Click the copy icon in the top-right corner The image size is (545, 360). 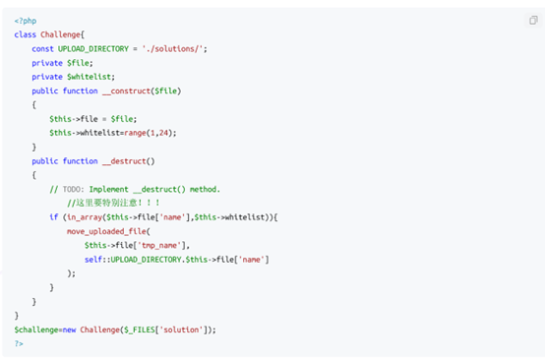coord(533,20)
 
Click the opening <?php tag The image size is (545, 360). coord(25,20)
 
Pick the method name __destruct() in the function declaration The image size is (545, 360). coord(130,160)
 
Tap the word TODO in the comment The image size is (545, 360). coord(73,189)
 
